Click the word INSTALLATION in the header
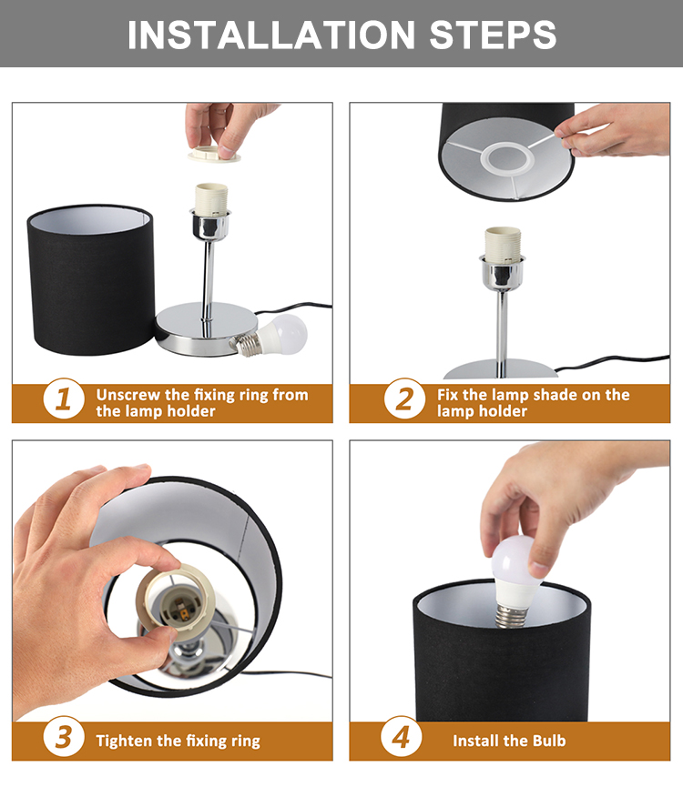click(x=271, y=35)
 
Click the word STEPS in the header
click(x=493, y=35)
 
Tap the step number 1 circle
click(x=64, y=398)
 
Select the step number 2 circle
click(x=404, y=398)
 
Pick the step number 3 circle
click(x=64, y=737)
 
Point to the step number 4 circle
click(x=402, y=737)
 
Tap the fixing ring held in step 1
click(x=214, y=154)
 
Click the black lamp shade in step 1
click(x=91, y=280)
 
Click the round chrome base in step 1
click(x=207, y=329)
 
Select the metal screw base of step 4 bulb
click(x=512, y=616)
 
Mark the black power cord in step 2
click(x=613, y=362)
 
